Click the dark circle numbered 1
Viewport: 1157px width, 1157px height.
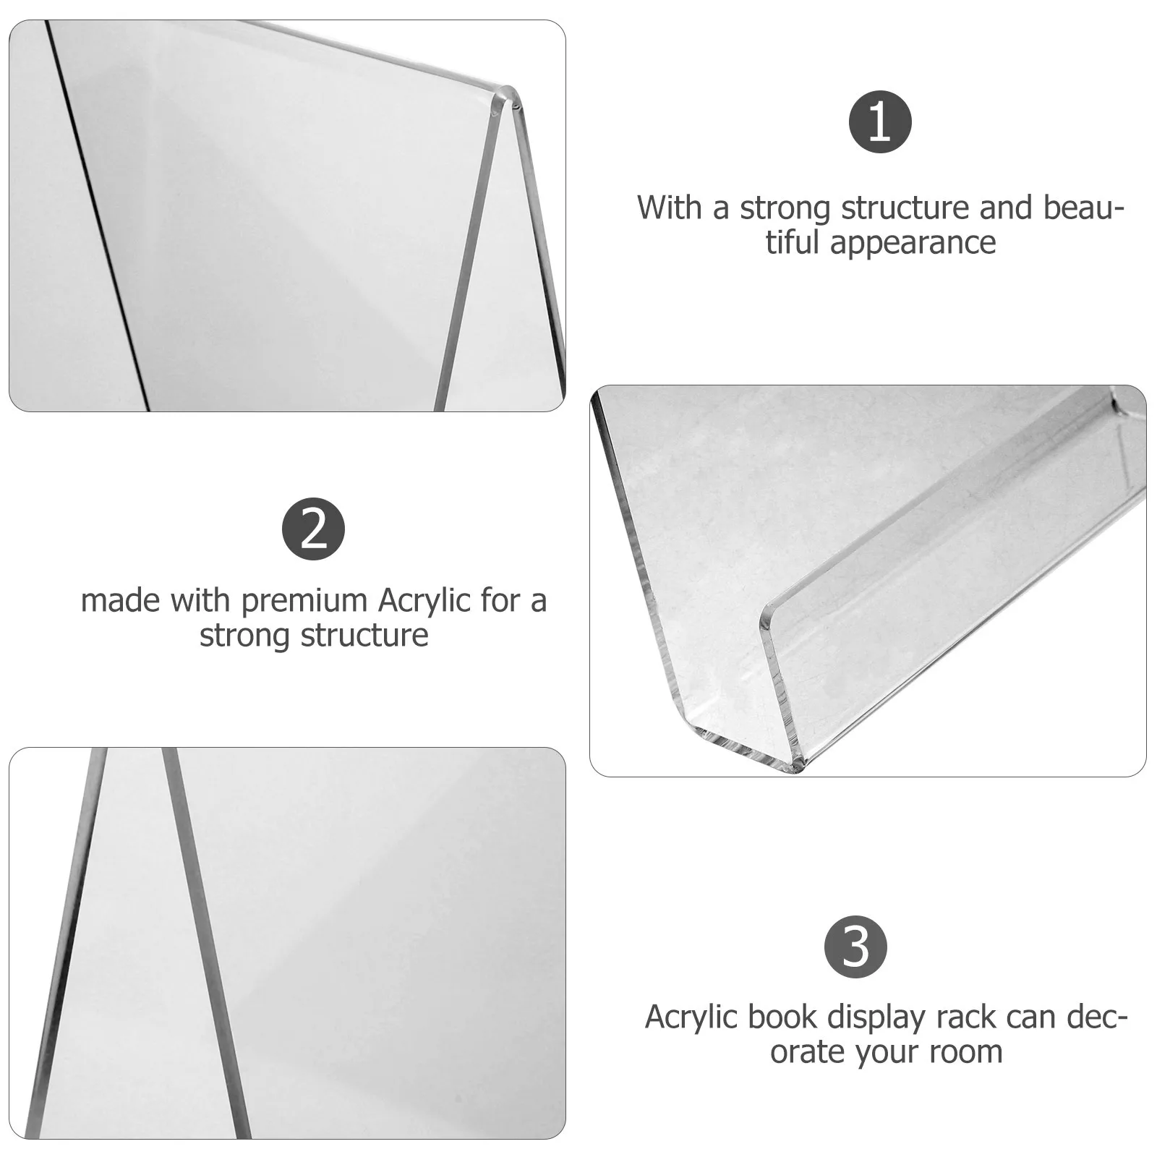point(879,121)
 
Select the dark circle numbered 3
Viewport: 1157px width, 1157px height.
point(856,947)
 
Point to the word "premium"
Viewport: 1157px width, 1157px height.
point(305,601)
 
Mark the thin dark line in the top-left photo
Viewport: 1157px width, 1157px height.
point(98,217)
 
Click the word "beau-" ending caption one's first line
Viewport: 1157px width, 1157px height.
point(1083,208)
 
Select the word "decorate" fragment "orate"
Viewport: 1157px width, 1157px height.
point(807,1051)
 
